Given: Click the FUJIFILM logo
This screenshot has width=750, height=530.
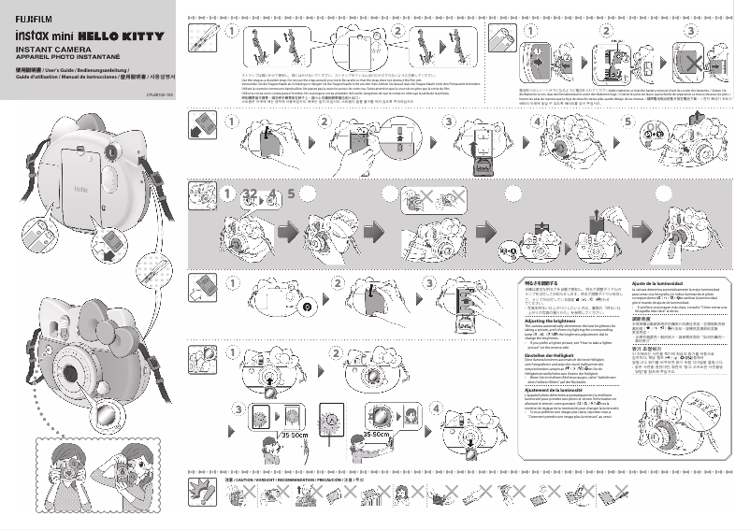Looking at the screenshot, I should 34,12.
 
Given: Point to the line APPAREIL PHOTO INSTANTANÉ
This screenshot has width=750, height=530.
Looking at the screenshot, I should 64,56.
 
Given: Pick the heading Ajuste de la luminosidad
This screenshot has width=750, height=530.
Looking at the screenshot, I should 663,282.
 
